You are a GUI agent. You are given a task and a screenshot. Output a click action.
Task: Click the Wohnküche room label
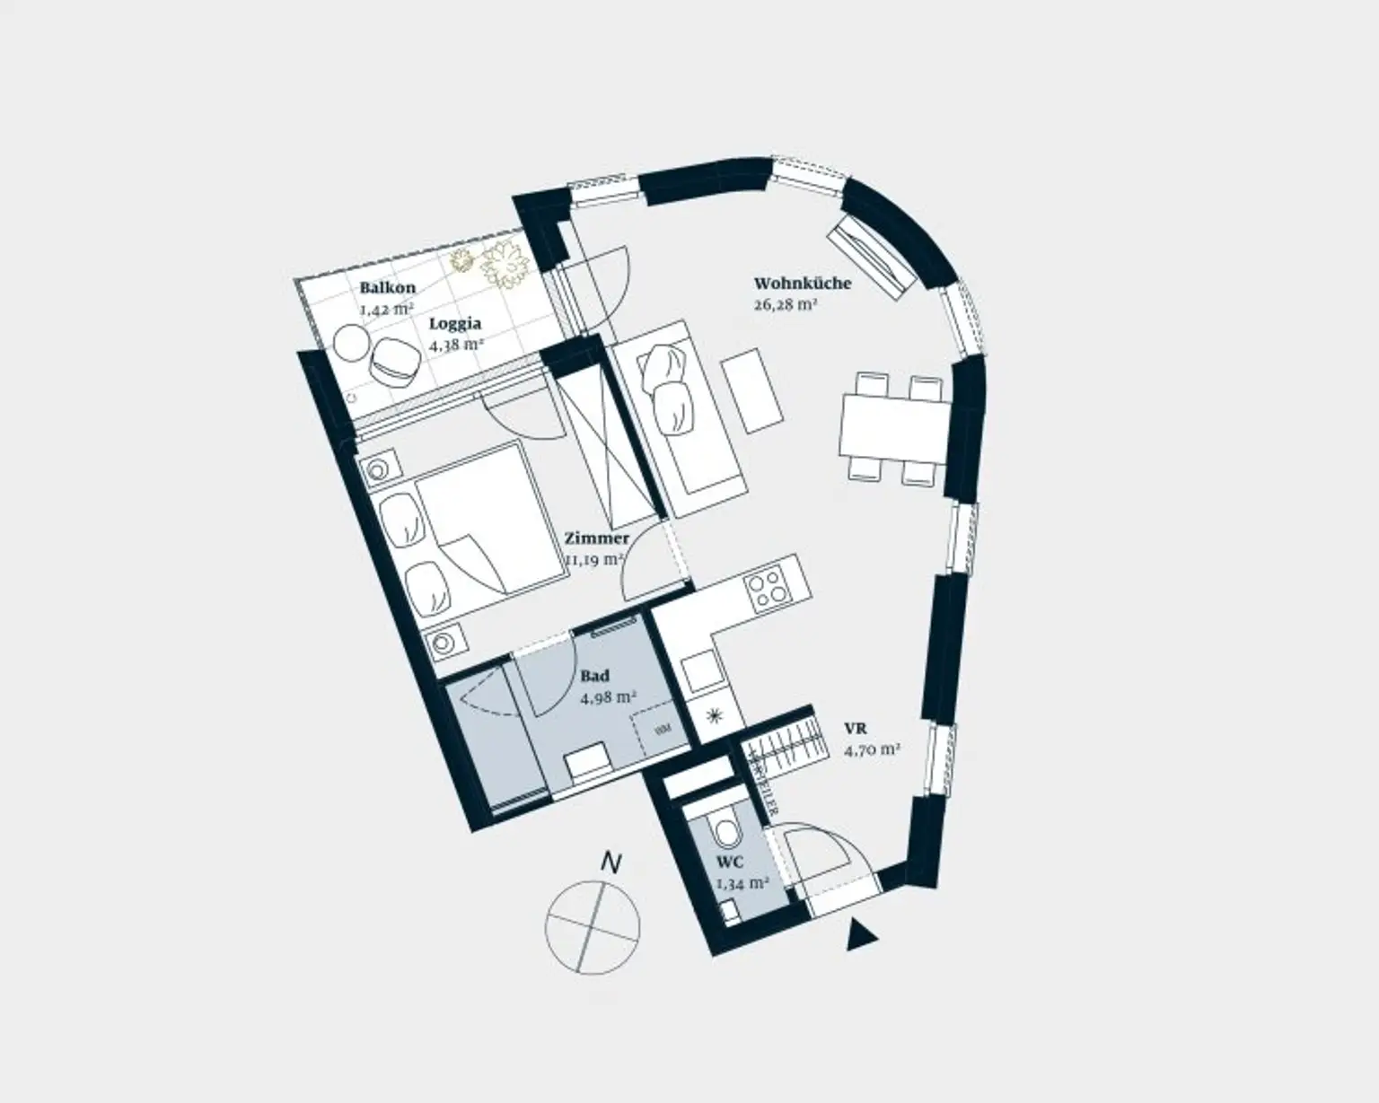802,284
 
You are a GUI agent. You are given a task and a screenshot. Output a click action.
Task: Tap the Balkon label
387,288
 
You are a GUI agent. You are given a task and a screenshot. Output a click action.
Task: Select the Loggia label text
454,323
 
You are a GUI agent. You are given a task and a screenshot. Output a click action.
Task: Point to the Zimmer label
596,538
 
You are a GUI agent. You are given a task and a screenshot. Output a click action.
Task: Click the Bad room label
594,676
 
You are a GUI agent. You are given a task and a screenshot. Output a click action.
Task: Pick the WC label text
729,863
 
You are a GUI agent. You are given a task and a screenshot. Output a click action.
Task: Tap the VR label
855,729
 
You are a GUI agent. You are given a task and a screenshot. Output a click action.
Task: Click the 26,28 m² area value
785,304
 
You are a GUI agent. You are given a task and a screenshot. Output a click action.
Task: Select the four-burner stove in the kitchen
766,590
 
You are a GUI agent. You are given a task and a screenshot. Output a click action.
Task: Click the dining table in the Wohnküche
895,429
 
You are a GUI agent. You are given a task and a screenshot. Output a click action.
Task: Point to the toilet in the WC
724,829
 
